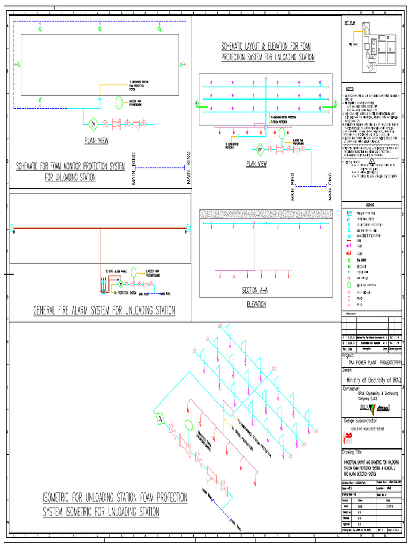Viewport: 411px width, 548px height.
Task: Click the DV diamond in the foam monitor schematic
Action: [92, 124]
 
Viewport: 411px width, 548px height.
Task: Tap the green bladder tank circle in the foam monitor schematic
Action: [119, 101]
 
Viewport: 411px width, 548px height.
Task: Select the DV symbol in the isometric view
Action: [159, 418]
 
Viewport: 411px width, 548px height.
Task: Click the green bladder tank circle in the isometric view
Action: [188, 425]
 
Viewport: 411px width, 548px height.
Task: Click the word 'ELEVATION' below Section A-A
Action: [255, 304]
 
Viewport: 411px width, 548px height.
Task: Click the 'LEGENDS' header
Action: [371, 204]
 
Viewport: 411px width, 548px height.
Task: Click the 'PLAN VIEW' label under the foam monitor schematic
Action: [96, 141]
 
